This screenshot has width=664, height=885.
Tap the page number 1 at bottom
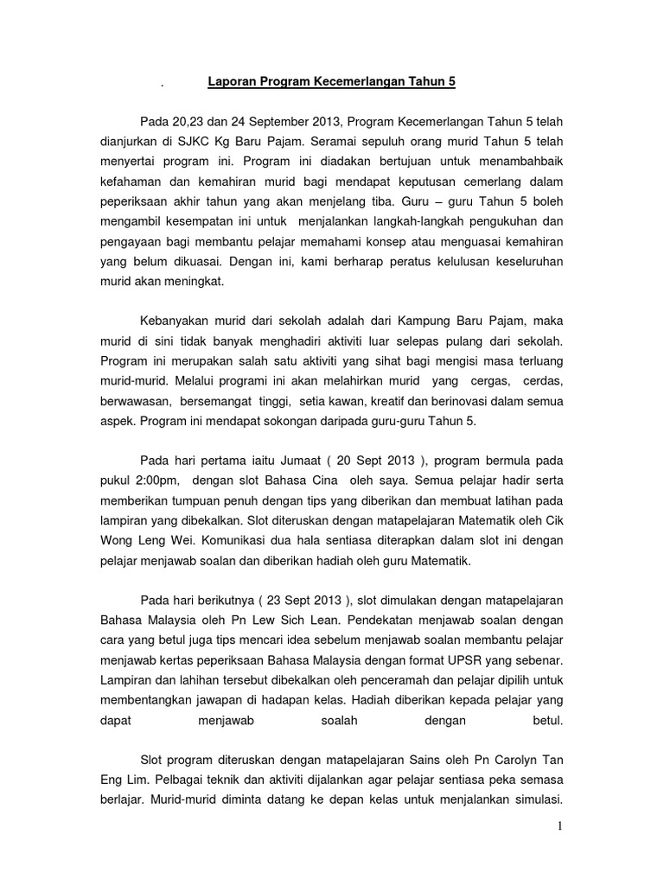[x=560, y=826]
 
